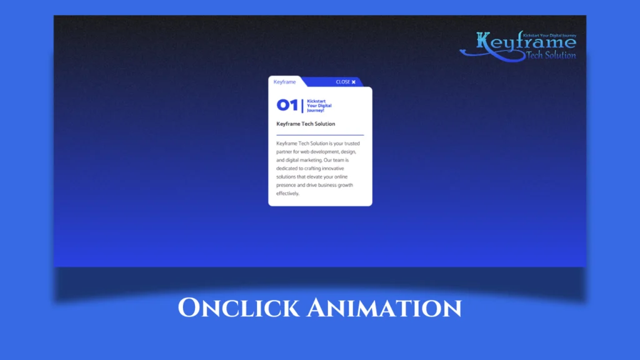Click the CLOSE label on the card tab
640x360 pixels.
[x=342, y=82]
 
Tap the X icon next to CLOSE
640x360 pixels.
[x=354, y=82]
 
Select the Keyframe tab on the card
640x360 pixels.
[x=284, y=82]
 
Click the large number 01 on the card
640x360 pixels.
[x=287, y=105]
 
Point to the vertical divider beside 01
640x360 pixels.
[x=302, y=105]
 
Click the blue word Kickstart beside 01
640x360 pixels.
[x=316, y=101]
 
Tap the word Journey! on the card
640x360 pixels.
[x=316, y=110]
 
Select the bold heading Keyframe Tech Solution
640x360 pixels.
[x=306, y=124]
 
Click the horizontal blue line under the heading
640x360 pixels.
[x=320, y=134]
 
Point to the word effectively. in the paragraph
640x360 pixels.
[x=288, y=193]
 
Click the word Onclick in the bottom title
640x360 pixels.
[x=235, y=307]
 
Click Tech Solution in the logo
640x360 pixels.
[x=551, y=55]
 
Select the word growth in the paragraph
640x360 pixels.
[x=347, y=185]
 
